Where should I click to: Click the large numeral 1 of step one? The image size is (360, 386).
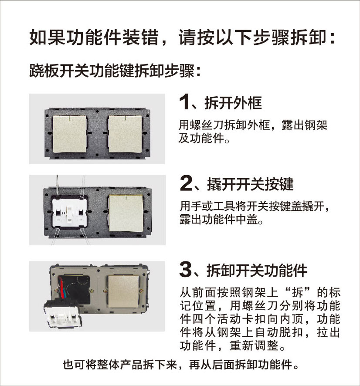click(184, 102)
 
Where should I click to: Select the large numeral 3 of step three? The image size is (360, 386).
click(186, 269)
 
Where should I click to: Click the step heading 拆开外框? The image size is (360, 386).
click(233, 103)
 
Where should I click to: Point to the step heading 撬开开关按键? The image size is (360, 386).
click(250, 184)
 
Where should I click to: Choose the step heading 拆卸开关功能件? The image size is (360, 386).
click(257, 271)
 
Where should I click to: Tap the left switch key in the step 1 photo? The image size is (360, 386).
click(70, 134)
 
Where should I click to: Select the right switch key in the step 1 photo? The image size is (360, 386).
click(125, 134)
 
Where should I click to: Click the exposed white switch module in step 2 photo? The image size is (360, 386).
click(69, 213)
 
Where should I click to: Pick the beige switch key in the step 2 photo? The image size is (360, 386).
click(126, 213)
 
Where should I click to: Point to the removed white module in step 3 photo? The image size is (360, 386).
click(63, 314)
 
